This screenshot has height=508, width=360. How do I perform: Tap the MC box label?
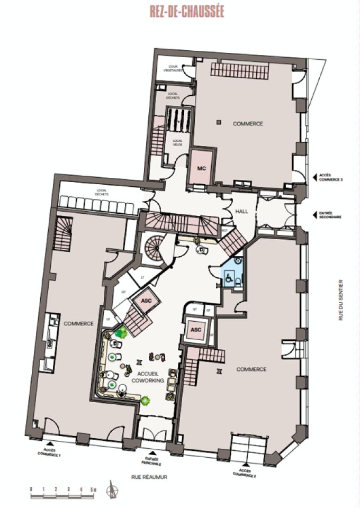click(201, 168)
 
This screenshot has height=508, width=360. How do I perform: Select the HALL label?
click(241, 212)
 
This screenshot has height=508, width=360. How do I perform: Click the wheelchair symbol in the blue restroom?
click(229, 276)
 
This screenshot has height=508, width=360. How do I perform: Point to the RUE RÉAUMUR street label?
click(150, 476)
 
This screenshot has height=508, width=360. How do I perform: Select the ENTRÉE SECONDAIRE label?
click(330, 215)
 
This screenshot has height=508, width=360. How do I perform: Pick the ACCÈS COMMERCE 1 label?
click(49, 452)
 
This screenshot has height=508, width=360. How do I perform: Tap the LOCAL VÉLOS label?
click(178, 142)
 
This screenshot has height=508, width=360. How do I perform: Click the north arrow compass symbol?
click(113, 489)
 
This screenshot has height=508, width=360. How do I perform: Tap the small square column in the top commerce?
click(218, 123)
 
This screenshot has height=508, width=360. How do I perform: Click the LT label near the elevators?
click(142, 276)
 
